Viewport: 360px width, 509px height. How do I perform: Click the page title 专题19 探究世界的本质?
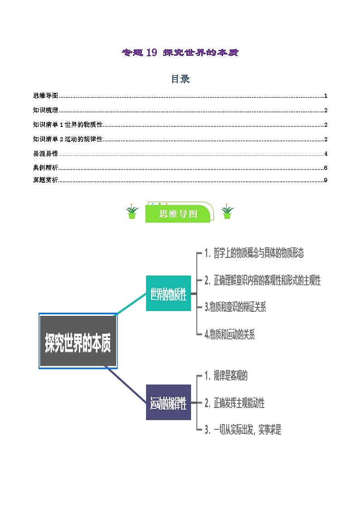pyautogui.click(x=180, y=53)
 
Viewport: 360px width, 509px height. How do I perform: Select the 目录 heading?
pyautogui.click(x=180, y=79)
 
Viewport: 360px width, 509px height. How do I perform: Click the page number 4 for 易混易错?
pyautogui.click(x=326, y=154)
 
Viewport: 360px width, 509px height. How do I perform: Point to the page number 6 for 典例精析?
pyautogui.click(x=326, y=168)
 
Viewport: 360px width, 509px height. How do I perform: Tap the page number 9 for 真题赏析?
pyautogui.click(x=326, y=180)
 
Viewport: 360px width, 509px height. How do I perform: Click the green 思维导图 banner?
pyautogui.click(x=179, y=214)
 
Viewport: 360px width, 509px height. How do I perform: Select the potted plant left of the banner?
pyautogui.click(x=132, y=211)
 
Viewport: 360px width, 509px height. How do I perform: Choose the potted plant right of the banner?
pyautogui.click(x=227, y=211)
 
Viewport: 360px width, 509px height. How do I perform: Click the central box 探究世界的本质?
pyautogui.click(x=78, y=341)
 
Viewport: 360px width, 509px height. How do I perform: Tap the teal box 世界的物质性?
pyautogui.click(x=168, y=293)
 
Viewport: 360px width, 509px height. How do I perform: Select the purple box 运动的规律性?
pyautogui.click(x=168, y=402)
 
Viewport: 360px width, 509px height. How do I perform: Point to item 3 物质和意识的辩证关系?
pyautogui.click(x=235, y=307)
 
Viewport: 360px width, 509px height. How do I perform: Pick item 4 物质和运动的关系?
pyautogui.click(x=230, y=334)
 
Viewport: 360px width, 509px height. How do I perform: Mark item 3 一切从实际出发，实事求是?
pyautogui.click(x=243, y=429)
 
